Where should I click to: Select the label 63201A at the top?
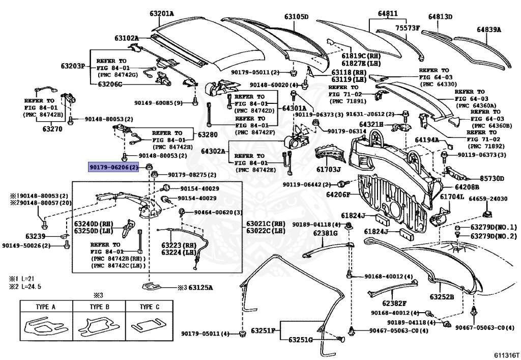(162, 13)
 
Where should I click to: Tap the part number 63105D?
(296, 17)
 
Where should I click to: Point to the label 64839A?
(488, 30)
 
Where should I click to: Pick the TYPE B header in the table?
(99, 307)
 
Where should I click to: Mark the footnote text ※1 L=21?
(21, 279)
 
